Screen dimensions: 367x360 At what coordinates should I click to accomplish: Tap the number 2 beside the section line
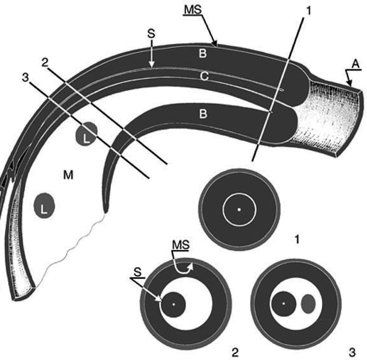coord(45,63)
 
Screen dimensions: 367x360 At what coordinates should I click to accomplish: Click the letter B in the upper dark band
coord(202,54)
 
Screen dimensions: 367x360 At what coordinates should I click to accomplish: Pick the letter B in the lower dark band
coord(202,114)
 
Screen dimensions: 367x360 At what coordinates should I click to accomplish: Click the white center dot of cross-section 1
coord(239,210)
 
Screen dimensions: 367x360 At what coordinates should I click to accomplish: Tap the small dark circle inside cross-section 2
coord(173,304)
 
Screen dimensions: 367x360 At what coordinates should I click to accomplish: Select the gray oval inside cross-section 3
coord(308,304)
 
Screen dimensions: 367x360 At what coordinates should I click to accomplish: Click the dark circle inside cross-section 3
coord(284,304)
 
